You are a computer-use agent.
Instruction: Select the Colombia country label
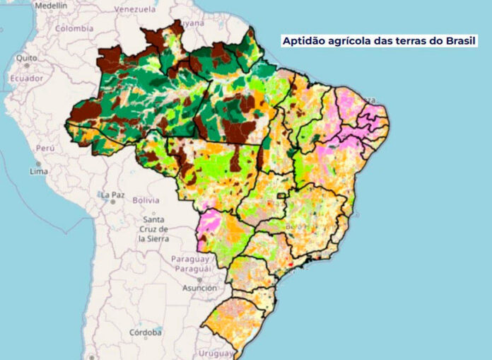74,29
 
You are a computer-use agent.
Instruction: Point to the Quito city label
28,57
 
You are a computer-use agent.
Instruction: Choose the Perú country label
45,149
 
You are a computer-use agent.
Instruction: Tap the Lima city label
39,172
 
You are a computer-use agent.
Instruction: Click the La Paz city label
112,194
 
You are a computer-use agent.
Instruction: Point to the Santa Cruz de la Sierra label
153,230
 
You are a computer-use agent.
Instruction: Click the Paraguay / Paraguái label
191,264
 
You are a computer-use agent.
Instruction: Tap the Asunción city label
199,288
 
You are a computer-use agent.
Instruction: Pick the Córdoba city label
146,332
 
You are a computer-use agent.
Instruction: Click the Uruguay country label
216,353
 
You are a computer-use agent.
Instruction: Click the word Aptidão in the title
303,41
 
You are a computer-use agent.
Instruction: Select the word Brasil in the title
460,41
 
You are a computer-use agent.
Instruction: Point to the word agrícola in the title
351,41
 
